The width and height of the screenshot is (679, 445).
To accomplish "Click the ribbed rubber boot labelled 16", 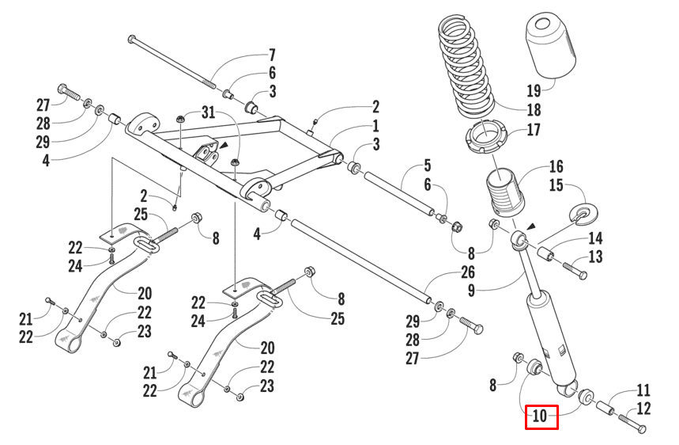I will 503,192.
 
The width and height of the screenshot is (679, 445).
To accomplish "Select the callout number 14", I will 594,238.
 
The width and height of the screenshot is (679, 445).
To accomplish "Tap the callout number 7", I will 272,55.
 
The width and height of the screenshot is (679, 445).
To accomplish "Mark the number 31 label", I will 207,113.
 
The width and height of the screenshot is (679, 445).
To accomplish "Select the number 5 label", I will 427,165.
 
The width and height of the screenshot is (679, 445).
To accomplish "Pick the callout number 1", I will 375,126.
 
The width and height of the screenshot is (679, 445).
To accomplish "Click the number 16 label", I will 556,166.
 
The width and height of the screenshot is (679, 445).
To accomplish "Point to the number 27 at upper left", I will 43,105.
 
